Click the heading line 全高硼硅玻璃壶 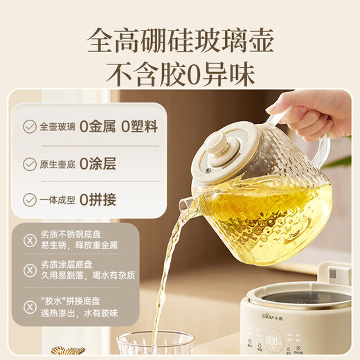180,39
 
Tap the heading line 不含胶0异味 180,73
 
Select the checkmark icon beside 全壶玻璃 30,127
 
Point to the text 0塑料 138,127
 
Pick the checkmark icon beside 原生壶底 30,164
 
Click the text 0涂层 98,164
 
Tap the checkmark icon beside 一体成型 30,200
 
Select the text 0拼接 98,200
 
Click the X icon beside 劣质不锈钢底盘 29,240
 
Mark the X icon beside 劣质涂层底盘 29,270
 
